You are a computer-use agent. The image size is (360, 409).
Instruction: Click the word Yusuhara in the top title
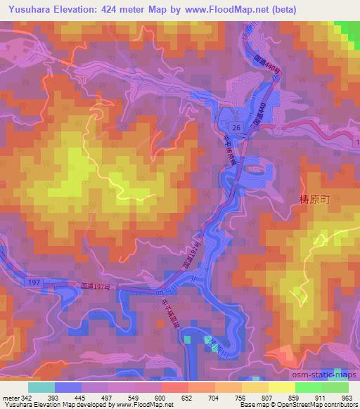(x=27, y=10)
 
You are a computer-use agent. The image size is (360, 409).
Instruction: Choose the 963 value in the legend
(x=346, y=397)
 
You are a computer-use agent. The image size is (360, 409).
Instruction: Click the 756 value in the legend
(x=240, y=397)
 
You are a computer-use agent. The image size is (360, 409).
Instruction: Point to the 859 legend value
(x=292, y=397)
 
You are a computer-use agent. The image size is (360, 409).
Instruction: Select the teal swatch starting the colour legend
(x=41, y=387)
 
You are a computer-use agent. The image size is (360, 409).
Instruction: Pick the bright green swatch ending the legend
(x=335, y=387)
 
